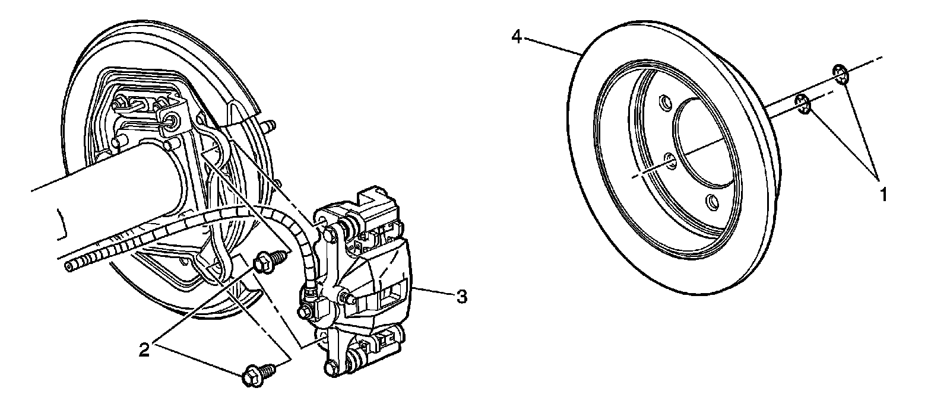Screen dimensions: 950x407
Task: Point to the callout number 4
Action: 517,38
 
